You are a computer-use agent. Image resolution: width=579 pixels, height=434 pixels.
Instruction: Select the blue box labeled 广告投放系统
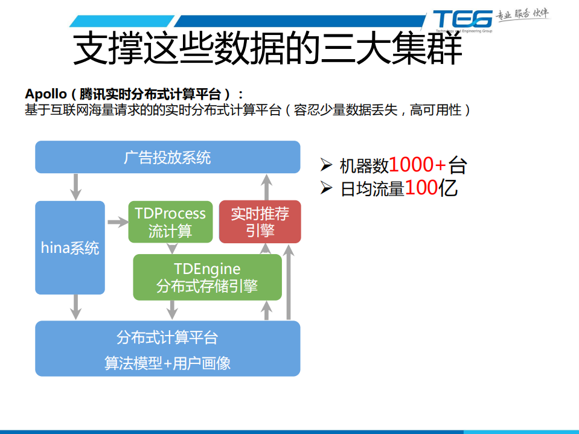click(x=167, y=157)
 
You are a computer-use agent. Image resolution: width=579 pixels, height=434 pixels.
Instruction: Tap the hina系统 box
click(x=70, y=247)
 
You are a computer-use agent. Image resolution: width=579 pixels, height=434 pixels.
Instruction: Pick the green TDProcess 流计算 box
click(x=170, y=222)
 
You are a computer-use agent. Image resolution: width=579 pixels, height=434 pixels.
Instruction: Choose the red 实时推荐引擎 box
click(x=260, y=222)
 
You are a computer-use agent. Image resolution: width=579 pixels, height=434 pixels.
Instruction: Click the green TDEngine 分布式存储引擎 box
click(x=207, y=277)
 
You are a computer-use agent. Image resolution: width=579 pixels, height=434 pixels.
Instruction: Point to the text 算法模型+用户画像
click(x=167, y=363)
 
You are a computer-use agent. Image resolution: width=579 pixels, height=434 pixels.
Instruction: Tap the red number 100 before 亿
click(x=421, y=188)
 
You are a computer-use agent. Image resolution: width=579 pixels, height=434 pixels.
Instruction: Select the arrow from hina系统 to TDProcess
click(x=117, y=222)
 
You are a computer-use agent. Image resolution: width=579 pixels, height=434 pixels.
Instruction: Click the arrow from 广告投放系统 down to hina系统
click(x=75, y=187)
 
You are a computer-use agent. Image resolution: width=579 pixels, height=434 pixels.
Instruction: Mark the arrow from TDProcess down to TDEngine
click(x=172, y=248)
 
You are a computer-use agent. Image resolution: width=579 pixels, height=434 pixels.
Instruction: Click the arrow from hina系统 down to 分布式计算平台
click(x=75, y=307)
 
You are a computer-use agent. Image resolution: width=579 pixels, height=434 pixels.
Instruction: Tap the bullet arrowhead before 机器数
click(x=326, y=164)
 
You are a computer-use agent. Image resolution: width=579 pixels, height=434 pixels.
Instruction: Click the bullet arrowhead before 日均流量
click(x=326, y=188)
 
